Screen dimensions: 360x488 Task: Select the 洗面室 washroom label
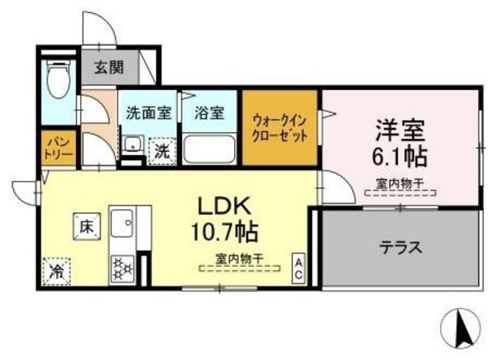(x=148, y=114)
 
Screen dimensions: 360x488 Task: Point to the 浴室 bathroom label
(x=208, y=114)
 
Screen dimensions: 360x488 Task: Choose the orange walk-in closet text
(x=281, y=127)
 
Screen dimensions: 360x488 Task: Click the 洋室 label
(x=400, y=128)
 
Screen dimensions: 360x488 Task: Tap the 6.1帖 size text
(x=400, y=157)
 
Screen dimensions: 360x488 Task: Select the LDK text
(x=225, y=205)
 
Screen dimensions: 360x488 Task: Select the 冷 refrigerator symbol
(x=57, y=269)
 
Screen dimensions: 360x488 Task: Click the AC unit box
(x=300, y=268)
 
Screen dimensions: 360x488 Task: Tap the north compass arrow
(x=459, y=326)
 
